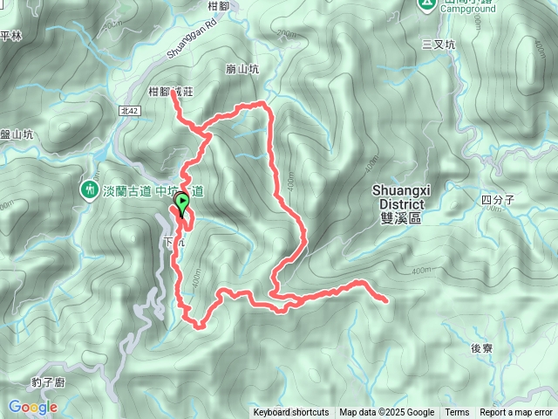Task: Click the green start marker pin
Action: tap(182, 204)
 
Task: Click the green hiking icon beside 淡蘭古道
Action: tap(89, 189)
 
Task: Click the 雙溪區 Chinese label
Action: tap(402, 218)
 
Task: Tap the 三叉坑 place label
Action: tap(439, 44)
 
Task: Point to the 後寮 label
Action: tap(482, 347)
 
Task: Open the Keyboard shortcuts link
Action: tap(291, 413)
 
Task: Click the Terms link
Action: tap(457, 413)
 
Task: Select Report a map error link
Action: tap(517, 413)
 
